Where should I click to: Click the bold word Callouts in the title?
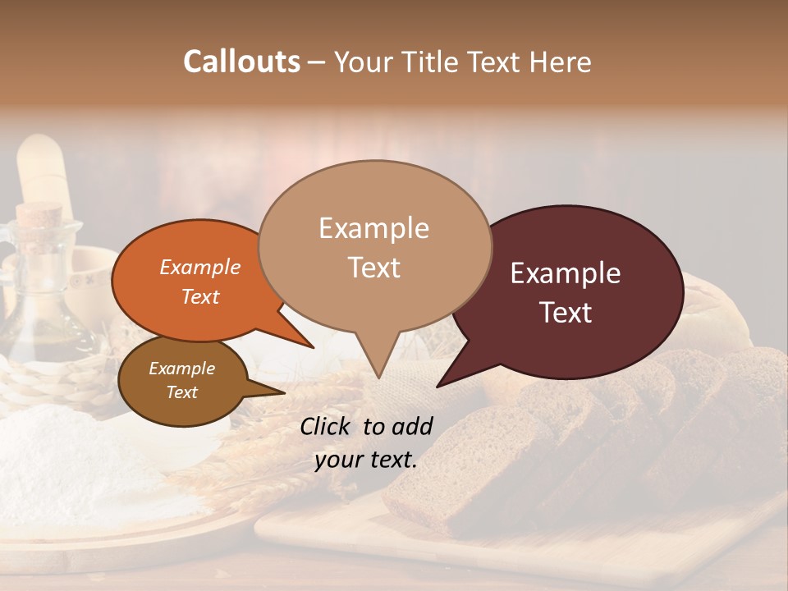coord(241,62)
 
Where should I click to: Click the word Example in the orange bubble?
coord(200,267)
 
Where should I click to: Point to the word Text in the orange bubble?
coord(200,296)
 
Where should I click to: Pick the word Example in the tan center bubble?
coord(373,228)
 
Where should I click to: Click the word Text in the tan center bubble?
coord(373,268)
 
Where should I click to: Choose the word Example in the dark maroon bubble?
coord(566,273)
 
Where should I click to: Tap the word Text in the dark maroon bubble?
coord(566,313)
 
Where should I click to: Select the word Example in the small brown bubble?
coord(182,369)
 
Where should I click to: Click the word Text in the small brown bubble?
coord(182,392)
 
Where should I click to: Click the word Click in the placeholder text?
coord(328,426)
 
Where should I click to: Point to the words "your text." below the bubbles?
coord(366,460)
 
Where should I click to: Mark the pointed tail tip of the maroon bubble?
coord(438,386)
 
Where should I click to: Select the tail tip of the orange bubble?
coord(313,347)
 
